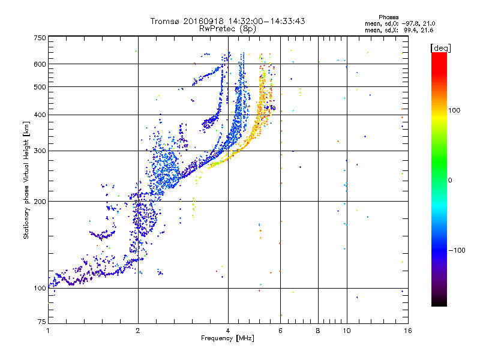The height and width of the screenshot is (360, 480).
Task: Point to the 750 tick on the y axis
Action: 40,37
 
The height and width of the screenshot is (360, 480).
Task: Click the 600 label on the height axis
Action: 40,64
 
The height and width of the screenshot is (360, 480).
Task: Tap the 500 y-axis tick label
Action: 40,87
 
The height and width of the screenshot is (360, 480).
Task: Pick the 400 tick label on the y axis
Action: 40,115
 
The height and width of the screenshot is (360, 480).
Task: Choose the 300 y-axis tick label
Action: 40,151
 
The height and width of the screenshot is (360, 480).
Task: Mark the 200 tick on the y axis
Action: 40,201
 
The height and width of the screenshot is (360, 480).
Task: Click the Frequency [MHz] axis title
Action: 228,338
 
